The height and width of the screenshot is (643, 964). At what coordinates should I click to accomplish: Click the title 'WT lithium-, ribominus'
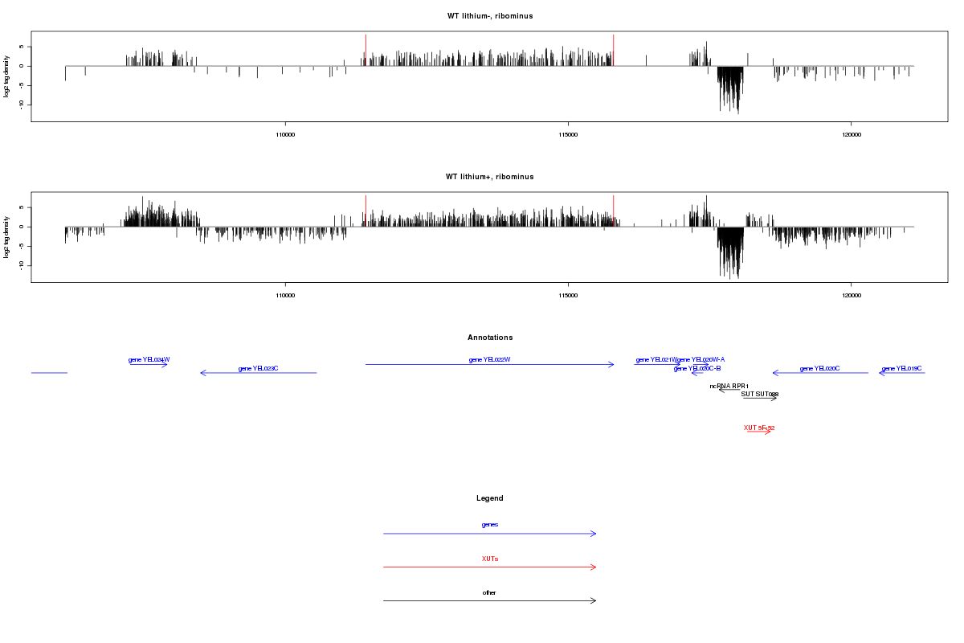pos(490,16)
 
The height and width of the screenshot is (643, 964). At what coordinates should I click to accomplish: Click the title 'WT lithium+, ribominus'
pos(490,177)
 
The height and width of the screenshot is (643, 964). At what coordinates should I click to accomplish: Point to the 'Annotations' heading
pos(490,338)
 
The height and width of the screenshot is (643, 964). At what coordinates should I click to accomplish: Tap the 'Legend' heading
pos(490,498)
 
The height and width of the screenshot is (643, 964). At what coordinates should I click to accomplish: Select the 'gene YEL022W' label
pos(490,360)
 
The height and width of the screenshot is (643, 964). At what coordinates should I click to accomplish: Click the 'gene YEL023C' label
pos(258,368)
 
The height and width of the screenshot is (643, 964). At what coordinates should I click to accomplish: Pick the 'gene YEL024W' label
pos(149,360)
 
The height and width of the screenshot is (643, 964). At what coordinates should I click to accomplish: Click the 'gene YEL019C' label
pos(901,368)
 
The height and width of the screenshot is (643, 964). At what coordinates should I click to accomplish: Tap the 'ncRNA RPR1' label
pos(729,387)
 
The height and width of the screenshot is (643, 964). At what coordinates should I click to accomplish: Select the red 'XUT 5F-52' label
pos(758,428)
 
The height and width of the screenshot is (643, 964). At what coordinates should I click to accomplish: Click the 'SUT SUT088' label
pos(759,394)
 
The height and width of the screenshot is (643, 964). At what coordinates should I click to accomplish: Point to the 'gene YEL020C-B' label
pos(697,368)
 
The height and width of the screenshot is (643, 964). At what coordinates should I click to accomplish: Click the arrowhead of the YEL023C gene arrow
pos(202,373)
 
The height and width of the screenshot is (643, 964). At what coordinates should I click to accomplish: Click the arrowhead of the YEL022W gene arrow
pos(612,365)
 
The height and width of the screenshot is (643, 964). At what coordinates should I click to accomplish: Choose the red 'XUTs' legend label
pos(490,558)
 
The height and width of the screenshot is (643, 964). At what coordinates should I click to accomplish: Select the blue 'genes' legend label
pos(490,524)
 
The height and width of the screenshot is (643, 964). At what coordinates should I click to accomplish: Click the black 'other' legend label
pos(490,592)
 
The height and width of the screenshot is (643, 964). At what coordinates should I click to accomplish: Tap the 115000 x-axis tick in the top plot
pos(568,134)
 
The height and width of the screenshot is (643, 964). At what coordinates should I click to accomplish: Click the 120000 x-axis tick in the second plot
pos(851,295)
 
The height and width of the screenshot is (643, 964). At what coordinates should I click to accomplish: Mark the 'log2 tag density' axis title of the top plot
pos(7,76)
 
